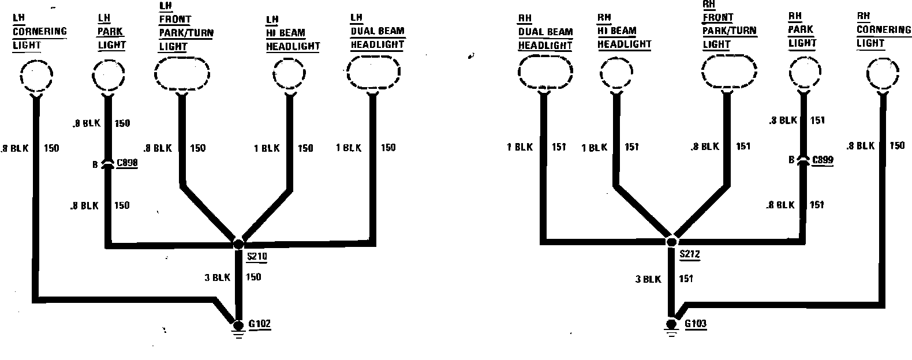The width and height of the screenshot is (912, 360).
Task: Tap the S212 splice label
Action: point(690,254)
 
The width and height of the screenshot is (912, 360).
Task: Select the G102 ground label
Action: point(259,324)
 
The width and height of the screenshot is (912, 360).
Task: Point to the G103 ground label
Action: point(695,324)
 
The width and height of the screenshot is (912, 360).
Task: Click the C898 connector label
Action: point(127,164)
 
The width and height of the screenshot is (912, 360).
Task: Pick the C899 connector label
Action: point(822,160)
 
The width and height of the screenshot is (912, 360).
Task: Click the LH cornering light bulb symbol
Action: point(36,76)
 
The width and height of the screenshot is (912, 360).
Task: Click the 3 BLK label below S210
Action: point(217,277)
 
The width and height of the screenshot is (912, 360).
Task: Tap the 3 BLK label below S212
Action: point(648,279)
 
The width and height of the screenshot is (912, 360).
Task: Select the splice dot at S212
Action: point(671,242)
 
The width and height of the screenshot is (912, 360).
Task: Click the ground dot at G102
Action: point(238,325)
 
